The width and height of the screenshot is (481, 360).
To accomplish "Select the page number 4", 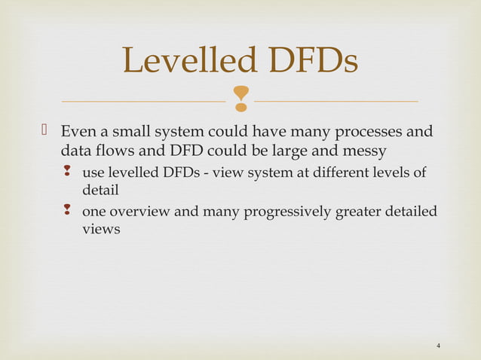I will click(439, 346).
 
